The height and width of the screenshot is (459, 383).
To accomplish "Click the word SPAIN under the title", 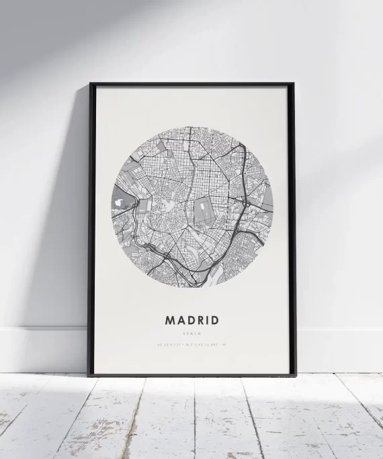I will tap(192, 334).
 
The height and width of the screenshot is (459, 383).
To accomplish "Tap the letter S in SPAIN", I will tap(185, 334).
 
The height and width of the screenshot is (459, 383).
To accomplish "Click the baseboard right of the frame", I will tap(339, 350).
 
